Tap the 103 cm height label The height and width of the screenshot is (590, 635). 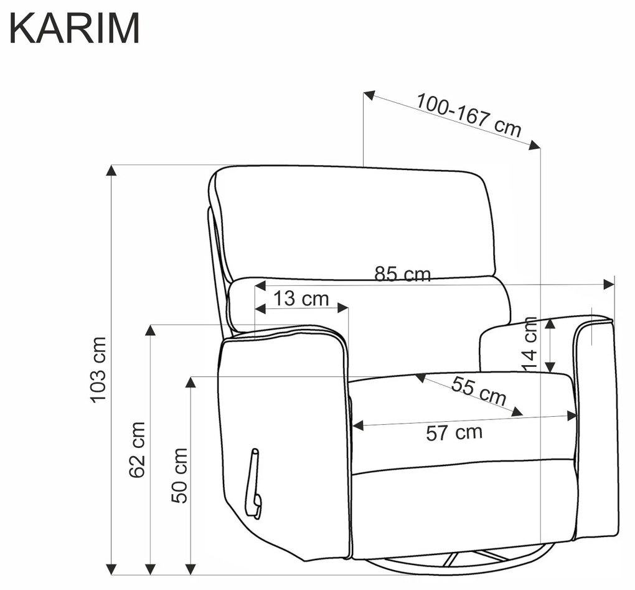pos(98,369)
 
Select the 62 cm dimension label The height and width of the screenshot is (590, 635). pos(138,449)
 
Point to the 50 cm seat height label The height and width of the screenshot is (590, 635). pos(180,476)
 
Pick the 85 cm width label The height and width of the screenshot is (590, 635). pos(402,274)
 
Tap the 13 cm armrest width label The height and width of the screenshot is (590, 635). pos(301,298)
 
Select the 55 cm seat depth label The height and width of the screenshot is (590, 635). pos(479,391)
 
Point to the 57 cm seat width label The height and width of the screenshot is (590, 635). pos(454,433)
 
